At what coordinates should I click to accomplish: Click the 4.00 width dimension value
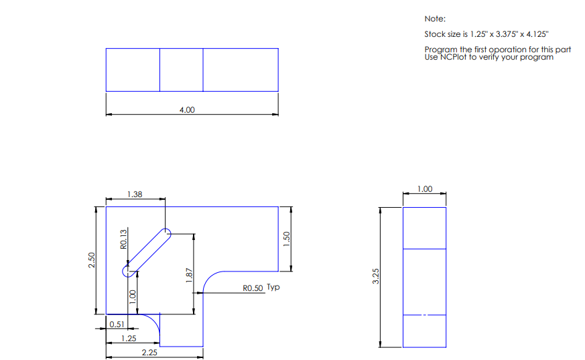click(x=187, y=110)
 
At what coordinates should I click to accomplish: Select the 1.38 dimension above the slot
click(x=135, y=194)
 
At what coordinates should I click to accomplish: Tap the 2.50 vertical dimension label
click(x=92, y=260)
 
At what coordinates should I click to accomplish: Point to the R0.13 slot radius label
click(x=123, y=239)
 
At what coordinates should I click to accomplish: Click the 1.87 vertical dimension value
click(x=190, y=274)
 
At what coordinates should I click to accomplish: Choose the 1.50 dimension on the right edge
click(x=287, y=239)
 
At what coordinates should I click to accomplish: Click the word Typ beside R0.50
click(x=273, y=288)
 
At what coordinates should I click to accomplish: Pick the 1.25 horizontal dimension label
click(x=129, y=339)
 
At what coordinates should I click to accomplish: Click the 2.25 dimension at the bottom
click(x=149, y=351)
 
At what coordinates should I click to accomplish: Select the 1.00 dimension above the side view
click(x=424, y=190)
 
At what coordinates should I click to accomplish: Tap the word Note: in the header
click(x=434, y=19)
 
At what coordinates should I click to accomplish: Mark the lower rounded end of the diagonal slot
click(x=127, y=271)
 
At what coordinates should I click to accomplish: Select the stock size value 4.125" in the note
click(x=535, y=34)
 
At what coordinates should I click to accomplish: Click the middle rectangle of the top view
click(x=181, y=70)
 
